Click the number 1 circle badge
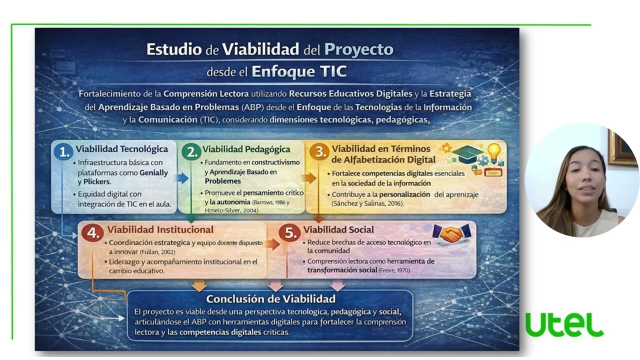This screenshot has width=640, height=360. click(63, 152)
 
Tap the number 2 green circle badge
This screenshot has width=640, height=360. click(190, 152)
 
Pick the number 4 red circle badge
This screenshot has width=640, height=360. click(92, 233)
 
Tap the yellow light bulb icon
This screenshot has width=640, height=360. click(494, 152)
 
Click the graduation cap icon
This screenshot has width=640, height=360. click(467, 153)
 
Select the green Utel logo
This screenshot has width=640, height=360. click(564, 325)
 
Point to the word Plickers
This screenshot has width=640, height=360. click(96, 181)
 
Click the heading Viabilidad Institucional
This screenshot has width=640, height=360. click(160, 230)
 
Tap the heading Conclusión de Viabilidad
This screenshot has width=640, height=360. click(270, 299)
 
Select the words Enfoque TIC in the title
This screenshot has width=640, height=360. click(298, 71)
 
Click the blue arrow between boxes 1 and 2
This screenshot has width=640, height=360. click(182, 178)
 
